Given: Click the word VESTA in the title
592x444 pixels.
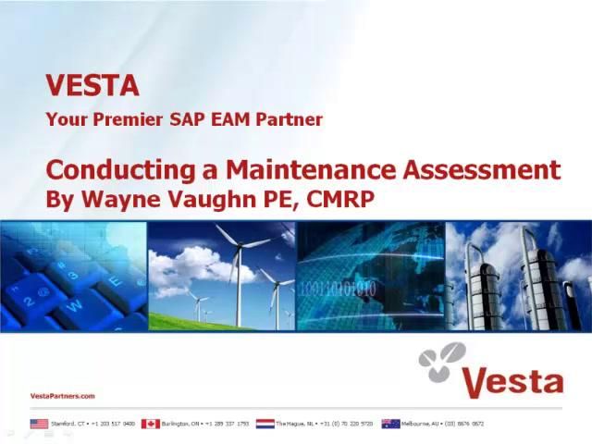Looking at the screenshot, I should (92, 86).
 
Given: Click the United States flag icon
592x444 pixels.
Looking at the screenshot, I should (39, 424).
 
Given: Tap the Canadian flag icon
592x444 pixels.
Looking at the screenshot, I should (151, 424).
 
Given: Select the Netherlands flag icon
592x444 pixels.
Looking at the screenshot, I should (265, 424).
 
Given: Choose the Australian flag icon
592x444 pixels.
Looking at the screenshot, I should (390, 424).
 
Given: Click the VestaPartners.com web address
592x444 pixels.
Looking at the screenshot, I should (63, 396).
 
